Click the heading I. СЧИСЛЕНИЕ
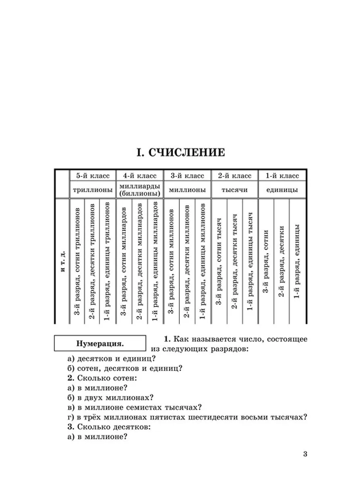(x=181, y=153)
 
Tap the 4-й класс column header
(x=139, y=176)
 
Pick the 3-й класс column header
(x=187, y=176)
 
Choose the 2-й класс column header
(x=234, y=176)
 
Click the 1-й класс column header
(x=282, y=176)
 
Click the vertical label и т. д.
(x=62, y=262)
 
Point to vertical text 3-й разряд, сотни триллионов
(x=77, y=262)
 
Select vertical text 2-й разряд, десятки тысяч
(x=234, y=262)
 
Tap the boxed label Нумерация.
(x=100, y=344)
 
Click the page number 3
(x=305, y=455)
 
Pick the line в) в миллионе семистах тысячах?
(x=135, y=407)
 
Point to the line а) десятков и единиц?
(x=112, y=359)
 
